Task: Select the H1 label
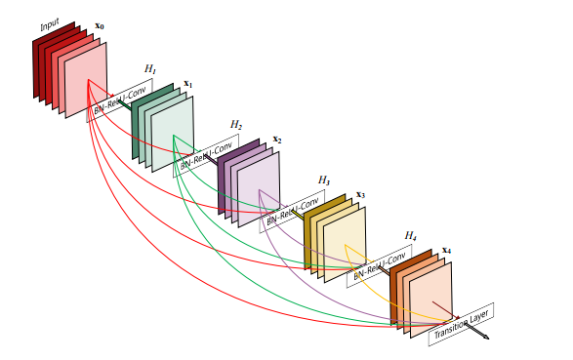[x=149, y=68]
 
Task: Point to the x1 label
[x=187, y=85]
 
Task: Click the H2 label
[x=236, y=125]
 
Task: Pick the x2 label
[x=277, y=140]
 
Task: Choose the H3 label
[x=323, y=181]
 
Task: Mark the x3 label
[x=360, y=195]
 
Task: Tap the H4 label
[x=411, y=236]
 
